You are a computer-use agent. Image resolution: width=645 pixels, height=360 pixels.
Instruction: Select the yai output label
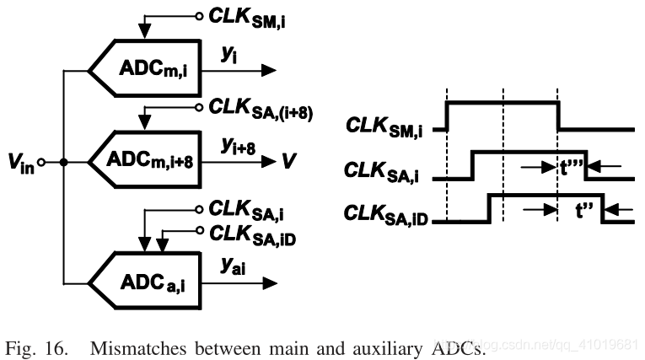(234, 265)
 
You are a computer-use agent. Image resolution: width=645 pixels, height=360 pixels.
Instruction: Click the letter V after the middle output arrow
(289, 160)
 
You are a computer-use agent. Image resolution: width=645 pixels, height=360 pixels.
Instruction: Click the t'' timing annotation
(582, 210)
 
